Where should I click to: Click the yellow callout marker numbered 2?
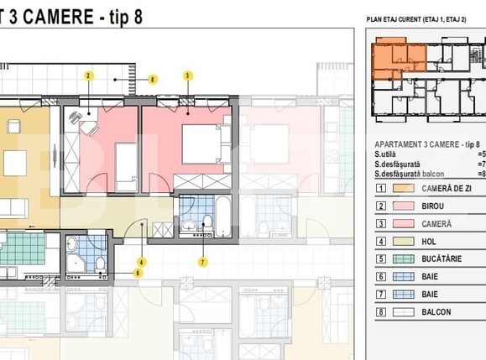(88, 75)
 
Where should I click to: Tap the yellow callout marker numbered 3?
(186, 75)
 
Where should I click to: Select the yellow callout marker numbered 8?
(152, 80)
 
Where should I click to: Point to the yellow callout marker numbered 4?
(141, 262)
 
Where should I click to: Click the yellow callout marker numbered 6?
(138, 273)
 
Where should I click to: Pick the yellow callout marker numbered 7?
(202, 262)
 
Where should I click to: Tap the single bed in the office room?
(125, 173)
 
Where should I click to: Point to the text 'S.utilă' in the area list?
(389, 154)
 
